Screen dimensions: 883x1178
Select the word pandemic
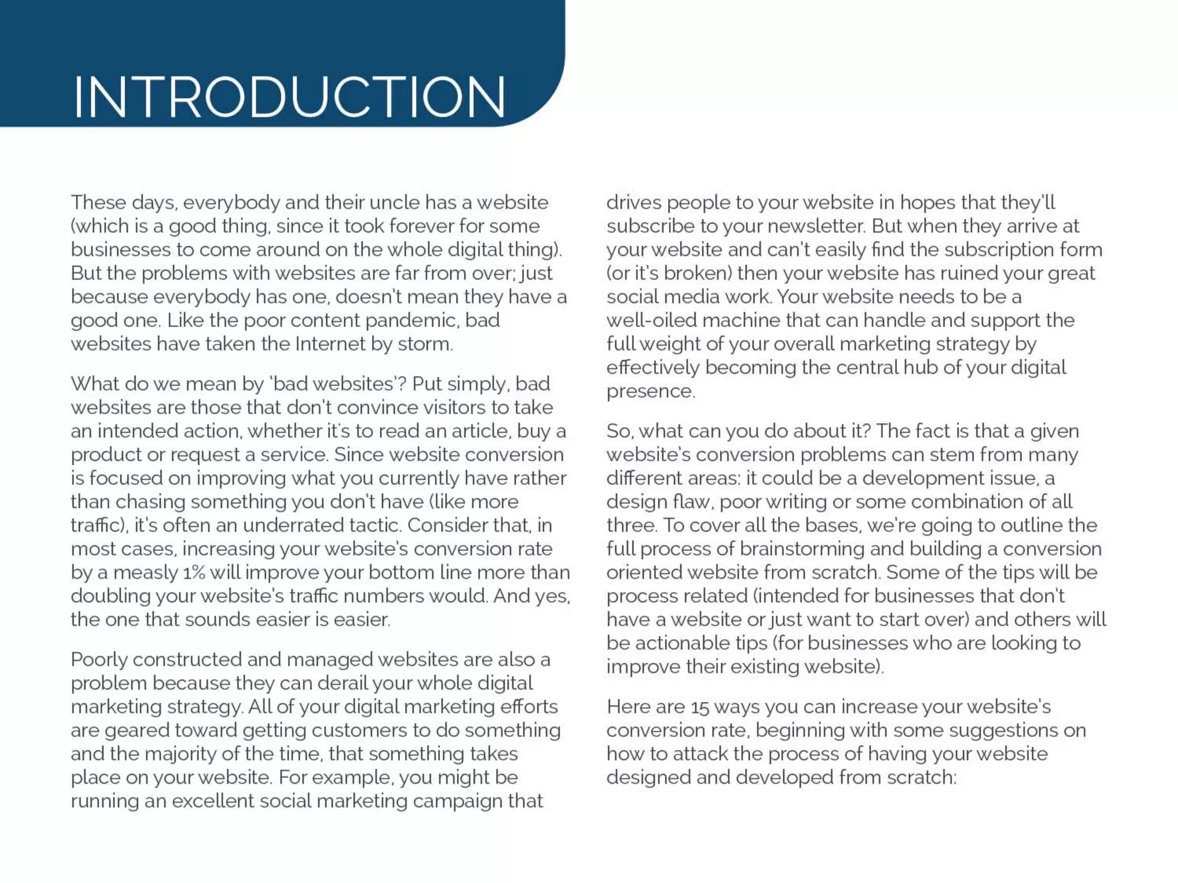click(412, 320)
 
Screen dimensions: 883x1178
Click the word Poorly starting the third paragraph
click(99, 659)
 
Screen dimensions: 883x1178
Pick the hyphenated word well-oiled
click(651, 320)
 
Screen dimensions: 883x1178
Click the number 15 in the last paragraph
click(700, 707)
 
